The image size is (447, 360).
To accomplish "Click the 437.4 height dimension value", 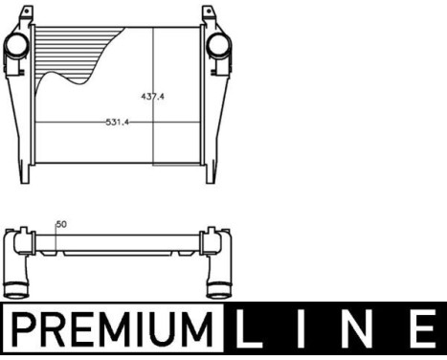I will pyautogui.click(x=153, y=96).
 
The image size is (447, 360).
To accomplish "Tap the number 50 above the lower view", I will pyautogui.click(x=62, y=224).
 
